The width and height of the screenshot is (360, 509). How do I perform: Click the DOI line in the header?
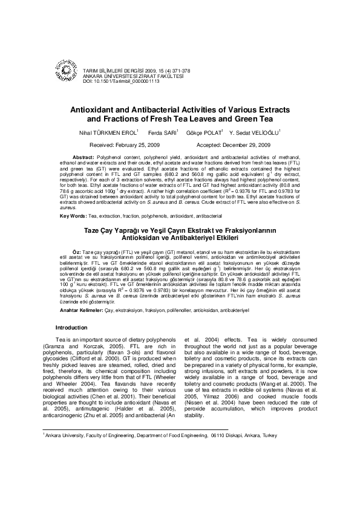[121, 80]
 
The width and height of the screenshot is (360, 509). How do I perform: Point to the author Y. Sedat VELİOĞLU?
[256, 132]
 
